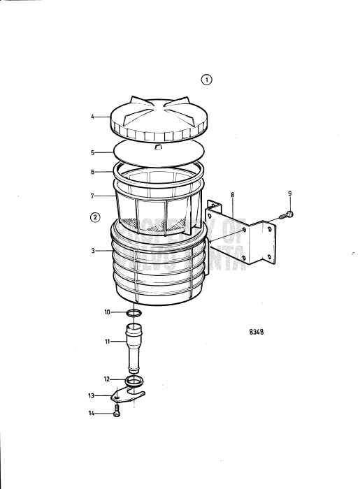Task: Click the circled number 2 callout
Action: pos(95,217)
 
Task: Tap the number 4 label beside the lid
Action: pos(92,117)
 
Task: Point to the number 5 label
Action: pos(92,151)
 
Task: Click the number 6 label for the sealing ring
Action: pos(92,171)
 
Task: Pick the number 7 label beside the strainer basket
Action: pos(92,196)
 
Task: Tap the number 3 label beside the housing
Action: pos(92,249)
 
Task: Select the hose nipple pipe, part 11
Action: pos(135,346)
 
